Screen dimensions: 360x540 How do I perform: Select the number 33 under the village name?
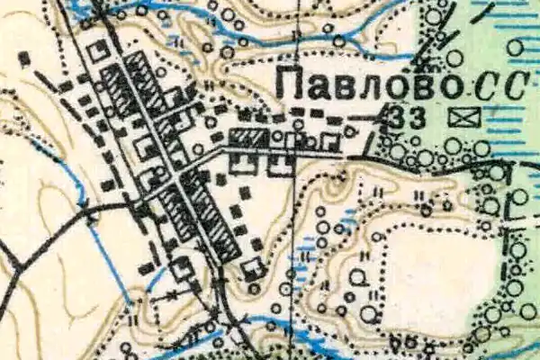(409, 116)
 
